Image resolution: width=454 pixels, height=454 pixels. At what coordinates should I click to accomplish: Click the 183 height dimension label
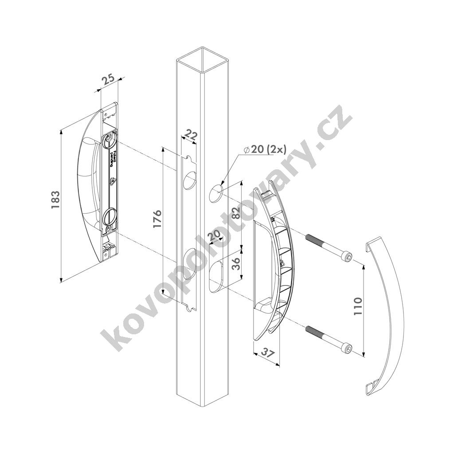(55, 200)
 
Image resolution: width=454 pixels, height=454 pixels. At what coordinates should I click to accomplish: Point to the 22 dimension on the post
(190, 136)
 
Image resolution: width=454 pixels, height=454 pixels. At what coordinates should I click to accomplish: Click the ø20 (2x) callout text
(265, 149)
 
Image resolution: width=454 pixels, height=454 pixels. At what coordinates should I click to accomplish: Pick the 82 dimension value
(236, 213)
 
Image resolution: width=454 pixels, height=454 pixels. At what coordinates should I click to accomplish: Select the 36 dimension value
(236, 264)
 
